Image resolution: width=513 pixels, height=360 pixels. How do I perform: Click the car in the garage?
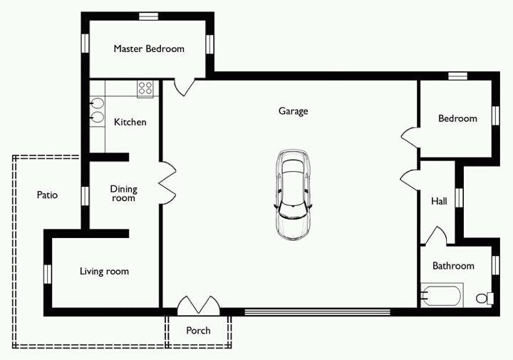point(293,195)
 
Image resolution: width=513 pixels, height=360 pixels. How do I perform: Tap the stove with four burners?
point(145,88)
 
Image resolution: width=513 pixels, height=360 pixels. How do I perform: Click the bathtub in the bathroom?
point(442,295)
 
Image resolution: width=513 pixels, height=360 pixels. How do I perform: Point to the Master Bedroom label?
point(149,48)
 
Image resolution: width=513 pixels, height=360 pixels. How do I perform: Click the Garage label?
point(293,111)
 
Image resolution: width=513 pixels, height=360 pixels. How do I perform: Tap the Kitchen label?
point(130,122)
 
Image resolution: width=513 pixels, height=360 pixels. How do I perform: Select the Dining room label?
point(123,193)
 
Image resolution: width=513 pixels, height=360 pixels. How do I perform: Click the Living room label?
point(104,272)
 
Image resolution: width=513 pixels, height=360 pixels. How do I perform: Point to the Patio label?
point(47,195)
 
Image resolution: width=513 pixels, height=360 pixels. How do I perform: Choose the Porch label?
point(198,331)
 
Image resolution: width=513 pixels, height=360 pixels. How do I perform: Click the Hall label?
point(439,201)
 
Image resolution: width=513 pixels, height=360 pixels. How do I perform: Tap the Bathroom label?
point(453,265)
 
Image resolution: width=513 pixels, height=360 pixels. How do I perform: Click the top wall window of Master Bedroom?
point(148,16)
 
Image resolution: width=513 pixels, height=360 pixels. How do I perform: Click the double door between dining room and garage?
point(167,183)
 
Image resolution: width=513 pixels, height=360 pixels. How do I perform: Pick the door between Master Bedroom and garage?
point(185,87)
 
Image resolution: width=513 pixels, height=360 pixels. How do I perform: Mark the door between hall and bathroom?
point(435,236)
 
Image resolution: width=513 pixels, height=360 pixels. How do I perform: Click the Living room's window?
point(48,274)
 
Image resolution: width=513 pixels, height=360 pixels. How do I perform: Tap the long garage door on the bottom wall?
point(317,312)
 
